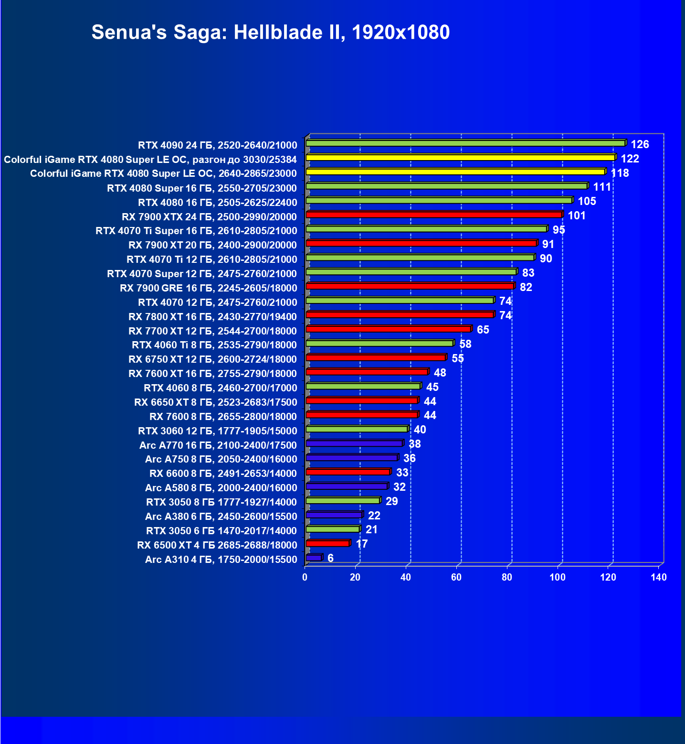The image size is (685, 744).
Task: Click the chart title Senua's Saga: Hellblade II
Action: [x=270, y=32]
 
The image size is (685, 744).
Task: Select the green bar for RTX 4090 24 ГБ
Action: [x=465, y=143]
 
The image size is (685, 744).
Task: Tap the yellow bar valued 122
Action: [x=460, y=157]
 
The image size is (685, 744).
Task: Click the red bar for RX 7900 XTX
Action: [x=434, y=215]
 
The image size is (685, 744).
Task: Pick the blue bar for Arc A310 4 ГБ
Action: [x=314, y=558]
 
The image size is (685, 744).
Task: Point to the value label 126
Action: [x=640, y=144]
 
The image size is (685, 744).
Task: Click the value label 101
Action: [x=577, y=216]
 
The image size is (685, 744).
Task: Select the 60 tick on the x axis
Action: [x=456, y=577]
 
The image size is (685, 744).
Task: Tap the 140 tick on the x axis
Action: [x=658, y=577]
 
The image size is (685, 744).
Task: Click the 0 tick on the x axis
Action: [x=305, y=577]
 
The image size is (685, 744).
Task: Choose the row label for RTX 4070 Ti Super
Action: [x=196, y=231]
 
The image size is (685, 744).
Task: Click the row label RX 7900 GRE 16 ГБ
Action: [x=208, y=288]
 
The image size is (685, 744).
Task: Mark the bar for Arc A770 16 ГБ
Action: [x=354, y=443]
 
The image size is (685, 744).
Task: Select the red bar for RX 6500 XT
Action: [x=327, y=543]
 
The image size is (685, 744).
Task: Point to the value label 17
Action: [x=362, y=544]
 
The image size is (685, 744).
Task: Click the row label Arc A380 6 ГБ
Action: [x=221, y=517]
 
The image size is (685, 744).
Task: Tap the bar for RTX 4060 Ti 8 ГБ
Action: [x=379, y=343]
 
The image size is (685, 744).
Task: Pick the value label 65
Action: [x=483, y=330]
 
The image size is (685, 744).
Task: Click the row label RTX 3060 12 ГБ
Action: [x=217, y=431]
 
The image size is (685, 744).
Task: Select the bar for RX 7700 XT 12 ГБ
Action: [x=389, y=329]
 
